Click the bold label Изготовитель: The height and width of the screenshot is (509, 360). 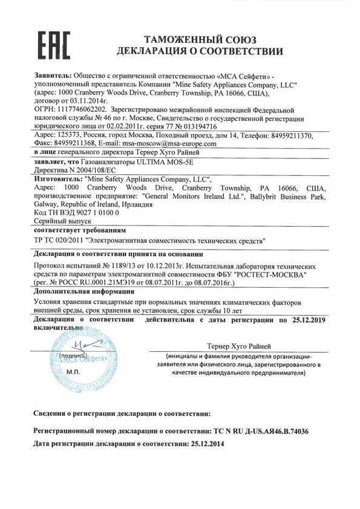[x=56, y=180]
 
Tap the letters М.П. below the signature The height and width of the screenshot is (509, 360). [x=73, y=372]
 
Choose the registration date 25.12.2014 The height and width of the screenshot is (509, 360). [x=206, y=443]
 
